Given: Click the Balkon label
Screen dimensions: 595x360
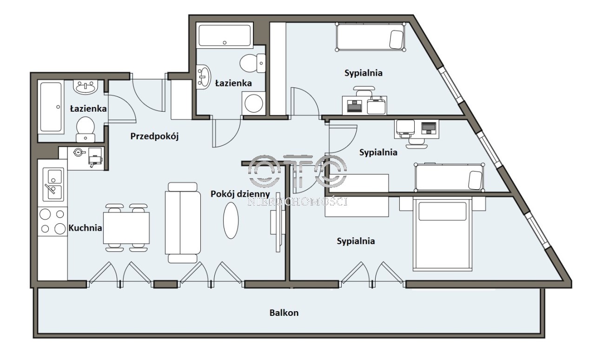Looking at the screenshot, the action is [x=284, y=313].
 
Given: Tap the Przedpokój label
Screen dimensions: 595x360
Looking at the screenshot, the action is [x=154, y=136].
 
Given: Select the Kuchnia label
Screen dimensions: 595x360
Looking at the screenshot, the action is [x=85, y=228].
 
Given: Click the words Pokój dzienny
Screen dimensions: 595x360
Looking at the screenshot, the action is [x=240, y=194].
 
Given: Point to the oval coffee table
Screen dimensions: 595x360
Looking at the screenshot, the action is [x=231, y=220].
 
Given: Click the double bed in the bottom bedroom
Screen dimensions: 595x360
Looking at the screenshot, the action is [x=443, y=234].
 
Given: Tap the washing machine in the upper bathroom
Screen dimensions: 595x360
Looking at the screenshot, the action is [x=254, y=103].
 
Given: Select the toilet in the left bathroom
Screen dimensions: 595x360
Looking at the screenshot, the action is [x=86, y=129].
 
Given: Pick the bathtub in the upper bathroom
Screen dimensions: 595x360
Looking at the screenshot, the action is [x=225, y=36].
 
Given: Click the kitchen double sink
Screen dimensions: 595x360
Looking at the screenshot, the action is [x=53, y=184].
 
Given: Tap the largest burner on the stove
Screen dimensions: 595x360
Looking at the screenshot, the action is [x=60, y=229].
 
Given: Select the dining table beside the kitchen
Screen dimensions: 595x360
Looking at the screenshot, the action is [x=126, y=228].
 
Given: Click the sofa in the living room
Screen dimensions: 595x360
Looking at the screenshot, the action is [x=183, y=222].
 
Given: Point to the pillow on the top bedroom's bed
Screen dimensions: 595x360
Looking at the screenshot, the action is [x=397, y=40].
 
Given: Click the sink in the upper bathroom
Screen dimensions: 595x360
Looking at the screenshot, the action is [x=204, y=77].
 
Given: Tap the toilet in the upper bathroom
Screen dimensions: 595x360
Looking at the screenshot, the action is [x=252, y=63].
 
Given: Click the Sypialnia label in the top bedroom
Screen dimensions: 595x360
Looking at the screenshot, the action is [x=364, y=73].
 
